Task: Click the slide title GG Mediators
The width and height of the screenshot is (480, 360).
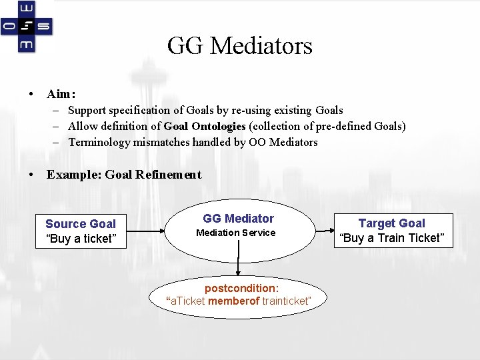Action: [239, 46]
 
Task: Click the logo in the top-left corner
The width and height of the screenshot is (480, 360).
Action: [27, 26]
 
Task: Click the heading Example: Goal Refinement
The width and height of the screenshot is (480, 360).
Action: [123, 175]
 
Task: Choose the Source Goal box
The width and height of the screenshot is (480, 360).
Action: [80, 231]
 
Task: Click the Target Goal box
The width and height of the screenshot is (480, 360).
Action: [391, 231]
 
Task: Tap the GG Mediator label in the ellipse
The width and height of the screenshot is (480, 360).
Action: [238, 219]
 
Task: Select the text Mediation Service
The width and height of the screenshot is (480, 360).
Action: [235, 233]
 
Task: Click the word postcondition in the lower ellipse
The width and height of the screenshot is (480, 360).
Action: [239, 289]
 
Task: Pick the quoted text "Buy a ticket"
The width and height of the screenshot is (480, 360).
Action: [81, 239]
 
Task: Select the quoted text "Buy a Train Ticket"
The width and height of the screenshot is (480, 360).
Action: [391, 238]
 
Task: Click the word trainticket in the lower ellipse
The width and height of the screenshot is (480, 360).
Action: [285, 301]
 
